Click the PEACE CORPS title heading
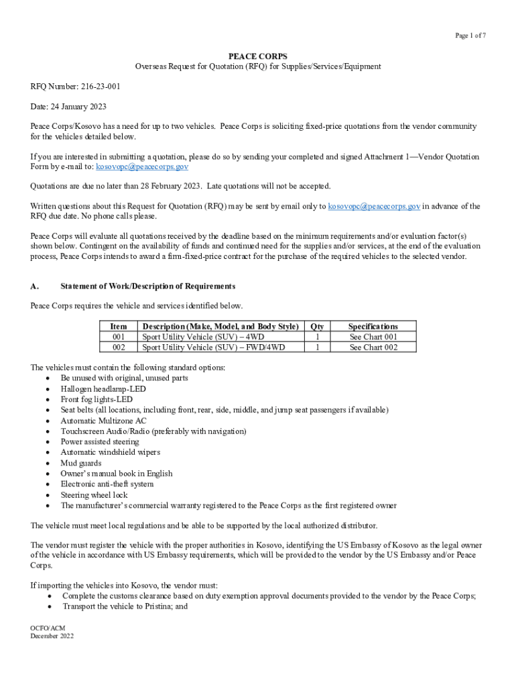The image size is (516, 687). point(258,56)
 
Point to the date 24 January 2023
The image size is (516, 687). point(78,107)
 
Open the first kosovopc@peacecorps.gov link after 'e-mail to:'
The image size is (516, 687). point(141,166)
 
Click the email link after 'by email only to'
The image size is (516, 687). point(374,207)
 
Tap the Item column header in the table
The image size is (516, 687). point(118,327)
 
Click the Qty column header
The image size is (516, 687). point(317,327)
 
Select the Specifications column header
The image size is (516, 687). point(373,327)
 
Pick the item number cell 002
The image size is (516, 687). point(118,348)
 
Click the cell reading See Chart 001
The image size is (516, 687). point(373,337)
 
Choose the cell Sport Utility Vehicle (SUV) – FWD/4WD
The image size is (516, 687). point(213,348)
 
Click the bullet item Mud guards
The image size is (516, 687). point(81,463)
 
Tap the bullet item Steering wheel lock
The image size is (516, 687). point(94,495)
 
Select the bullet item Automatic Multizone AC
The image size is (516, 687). point(103,421)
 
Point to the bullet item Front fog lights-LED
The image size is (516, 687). point(96,399)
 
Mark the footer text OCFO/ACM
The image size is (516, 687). point(48,627)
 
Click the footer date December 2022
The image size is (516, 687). point(52,636)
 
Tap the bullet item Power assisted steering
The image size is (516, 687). point(100,442)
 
